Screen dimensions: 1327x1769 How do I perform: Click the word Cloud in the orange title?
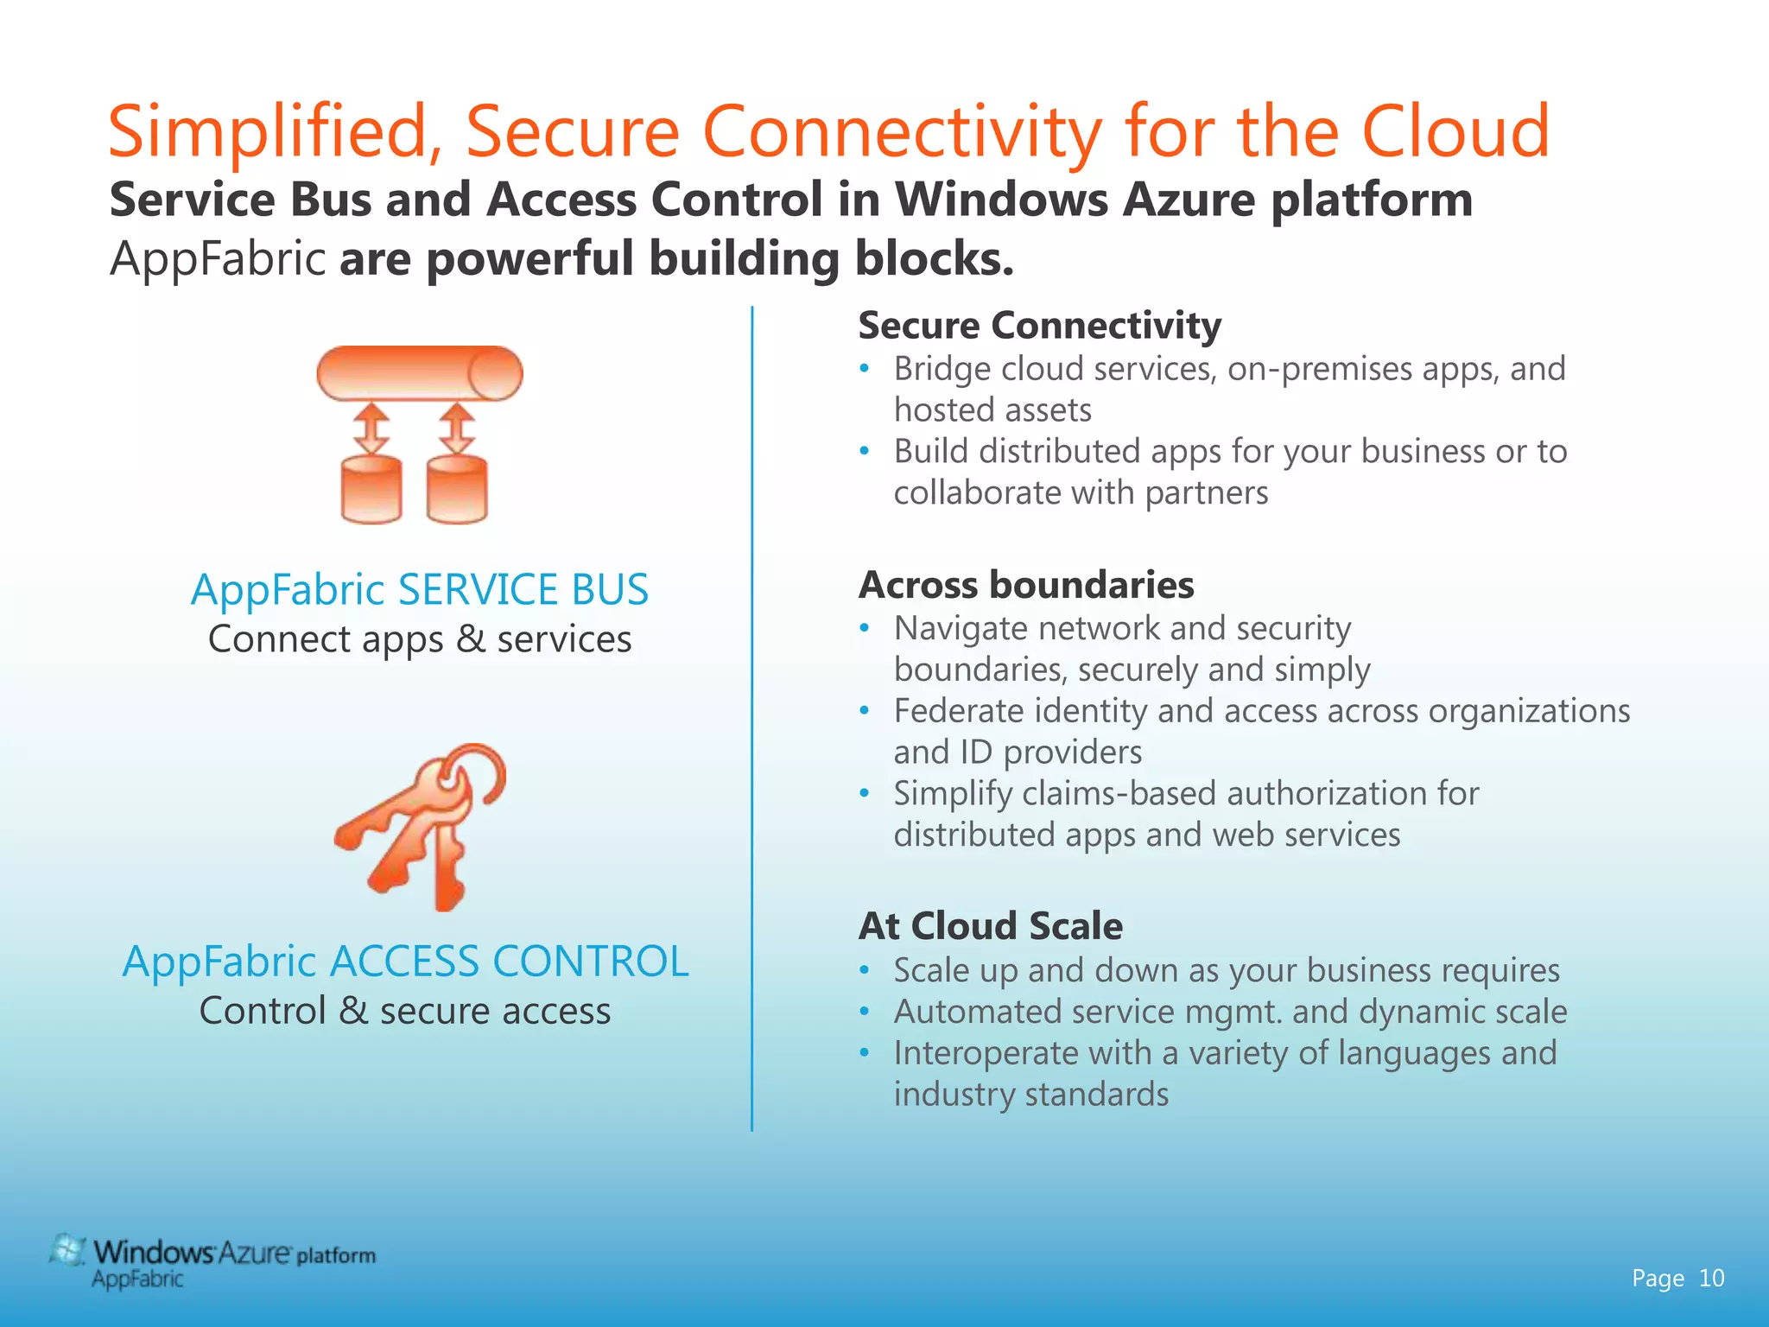(1455, 131)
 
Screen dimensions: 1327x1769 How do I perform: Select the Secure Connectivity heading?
(1039, 326)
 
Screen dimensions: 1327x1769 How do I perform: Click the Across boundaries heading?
(1026, 585)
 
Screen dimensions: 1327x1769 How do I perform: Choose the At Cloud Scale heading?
(991, 926)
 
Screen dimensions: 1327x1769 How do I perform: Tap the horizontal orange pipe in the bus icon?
(419, 373)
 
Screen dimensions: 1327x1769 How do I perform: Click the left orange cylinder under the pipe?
(371, 490)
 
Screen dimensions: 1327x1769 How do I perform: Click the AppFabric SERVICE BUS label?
(419, 590)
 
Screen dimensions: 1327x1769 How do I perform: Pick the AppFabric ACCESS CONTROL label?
(405, 962)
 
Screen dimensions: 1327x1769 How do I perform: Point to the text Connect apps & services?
(420, 639)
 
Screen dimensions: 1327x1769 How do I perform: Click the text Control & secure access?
(405, 1011)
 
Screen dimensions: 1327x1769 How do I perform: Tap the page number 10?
(1711, 1278)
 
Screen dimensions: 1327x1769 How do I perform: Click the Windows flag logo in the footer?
(67, 1251)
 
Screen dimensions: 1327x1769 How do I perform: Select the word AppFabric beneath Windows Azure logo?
(137, 1279)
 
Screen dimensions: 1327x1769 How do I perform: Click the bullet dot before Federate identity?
(864, 711)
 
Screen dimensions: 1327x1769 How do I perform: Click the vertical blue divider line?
(751, 717)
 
